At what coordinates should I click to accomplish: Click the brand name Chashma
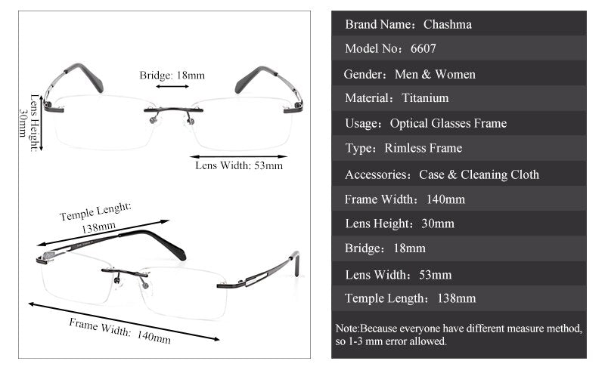pyautogui.click(x=447, y=24)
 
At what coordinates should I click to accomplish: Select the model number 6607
pyautogui.click(x=423, y=49)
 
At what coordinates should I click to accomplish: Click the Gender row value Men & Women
pyautogui.click(x=435, y=74)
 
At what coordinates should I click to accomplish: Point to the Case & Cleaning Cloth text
pyautogui.click(x=479, y=174)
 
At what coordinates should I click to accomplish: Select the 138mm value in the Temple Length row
pyautogui.click(x=456, y=298)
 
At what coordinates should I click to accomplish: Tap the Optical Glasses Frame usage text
pyautogui.click(x=448, y=123)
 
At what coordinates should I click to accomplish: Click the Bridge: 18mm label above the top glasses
pyautogui.click(x=172, y=76)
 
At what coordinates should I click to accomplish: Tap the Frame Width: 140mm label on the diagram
pyautogui.click(x=120, y=331)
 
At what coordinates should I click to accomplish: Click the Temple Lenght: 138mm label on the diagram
pyautogui.click(x=97, y=216)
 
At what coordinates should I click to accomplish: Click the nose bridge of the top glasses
pyautogui.click(x=172, y=112)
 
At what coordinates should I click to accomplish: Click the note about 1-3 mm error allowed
pyautogui.click(x=458, y=335)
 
